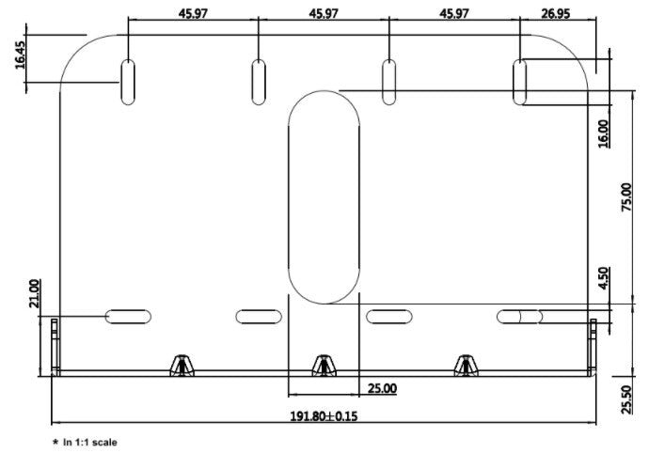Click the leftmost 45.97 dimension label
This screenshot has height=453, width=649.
[x=192, y=13]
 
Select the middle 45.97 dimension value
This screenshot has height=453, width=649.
[x=323, y=13]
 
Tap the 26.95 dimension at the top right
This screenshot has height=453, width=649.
[x=559, y=13]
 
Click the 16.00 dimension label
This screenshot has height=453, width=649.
[x=603, y=133]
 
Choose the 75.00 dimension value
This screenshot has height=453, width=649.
[x=628, y=196]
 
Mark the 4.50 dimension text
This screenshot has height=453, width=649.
[x=603, y=279]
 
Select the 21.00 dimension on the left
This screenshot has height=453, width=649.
[x=35, y=293]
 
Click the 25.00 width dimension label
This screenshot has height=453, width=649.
[x=381, y=388]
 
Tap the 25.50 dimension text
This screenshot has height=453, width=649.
[x=628, y=398]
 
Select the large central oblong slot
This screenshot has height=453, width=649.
[x=324, y=197]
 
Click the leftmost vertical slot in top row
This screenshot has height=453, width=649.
[x=128, y=82]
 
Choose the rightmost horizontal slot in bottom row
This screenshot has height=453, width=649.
[x=522, y=317]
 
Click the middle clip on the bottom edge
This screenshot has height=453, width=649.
[x=323, y=365]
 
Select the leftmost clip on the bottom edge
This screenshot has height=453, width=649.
[x=180, y=365]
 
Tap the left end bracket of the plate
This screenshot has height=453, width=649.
[x=55, y=346]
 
